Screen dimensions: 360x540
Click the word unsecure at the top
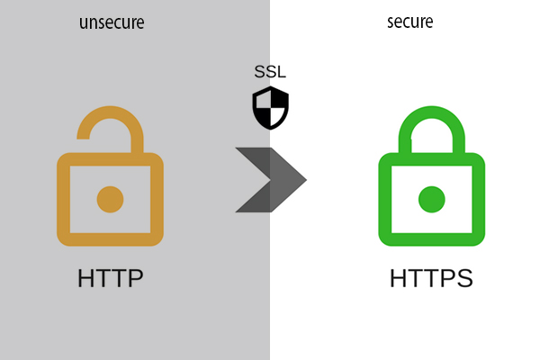coord(111,22)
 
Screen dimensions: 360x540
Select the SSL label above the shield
coord(270,72)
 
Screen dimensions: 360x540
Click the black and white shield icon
coord(270,109)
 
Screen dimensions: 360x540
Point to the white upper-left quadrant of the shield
coord(262,100)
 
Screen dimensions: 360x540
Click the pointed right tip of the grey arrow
coord(306,179)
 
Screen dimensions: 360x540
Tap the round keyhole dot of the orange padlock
coord(110,199)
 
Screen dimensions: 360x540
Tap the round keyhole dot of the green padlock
coord(432,198)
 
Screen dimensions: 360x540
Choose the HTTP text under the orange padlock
coord(110,278)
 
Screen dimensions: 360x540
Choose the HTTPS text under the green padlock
coord(431,278)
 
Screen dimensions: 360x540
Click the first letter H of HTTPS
coord(399,278)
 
